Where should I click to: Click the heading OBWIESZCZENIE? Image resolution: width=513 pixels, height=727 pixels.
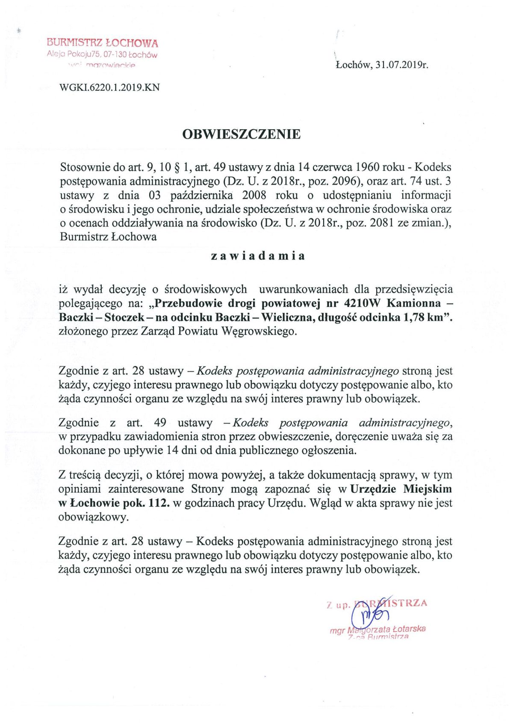(242, 134)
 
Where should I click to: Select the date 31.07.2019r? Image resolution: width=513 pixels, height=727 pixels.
(402, 65)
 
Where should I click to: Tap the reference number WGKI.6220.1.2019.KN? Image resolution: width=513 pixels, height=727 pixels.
(110, 87)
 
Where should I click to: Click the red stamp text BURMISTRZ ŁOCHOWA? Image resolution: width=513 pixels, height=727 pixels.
(103, 43)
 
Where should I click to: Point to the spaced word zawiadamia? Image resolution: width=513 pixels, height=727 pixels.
(258, 256)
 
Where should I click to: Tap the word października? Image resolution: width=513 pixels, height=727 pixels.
(201, 195)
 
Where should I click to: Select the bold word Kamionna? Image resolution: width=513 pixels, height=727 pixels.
(413, 303)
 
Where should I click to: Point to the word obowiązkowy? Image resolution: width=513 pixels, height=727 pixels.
(93, 517)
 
